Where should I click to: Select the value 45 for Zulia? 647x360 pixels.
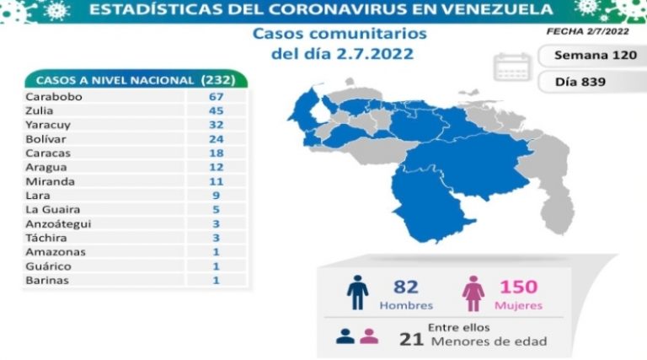pos(216,110)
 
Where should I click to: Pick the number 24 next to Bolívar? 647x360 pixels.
pos(216,138)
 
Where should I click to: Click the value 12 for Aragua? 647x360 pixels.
pos(216,167)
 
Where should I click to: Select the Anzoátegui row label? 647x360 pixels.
pos(58,223)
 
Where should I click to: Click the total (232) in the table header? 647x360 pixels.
pos(223,80)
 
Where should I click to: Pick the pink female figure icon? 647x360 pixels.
pos(473,293)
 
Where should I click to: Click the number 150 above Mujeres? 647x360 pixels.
pos(516,287)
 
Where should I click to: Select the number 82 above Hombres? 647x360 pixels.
pos(406,287)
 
